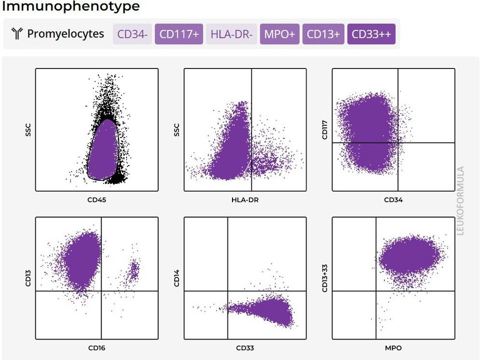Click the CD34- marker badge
pyautogui.click(x=132, y=34)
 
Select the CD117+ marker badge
pyautogui.click(x=179, y=34)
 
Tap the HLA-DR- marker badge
pyautogui.click(x=231, y=34)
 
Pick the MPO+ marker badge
pyautogui.click(x=279, y=34)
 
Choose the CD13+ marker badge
pyautogui.click(x=323, y=34)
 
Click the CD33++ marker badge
pyautogui.click(x=371, y=34)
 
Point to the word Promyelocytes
pyautogui.click(x=65, y=33)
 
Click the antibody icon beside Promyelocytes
pyautogui.click(x=17, y=33)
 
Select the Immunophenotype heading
pyautogui.click(x=70, y=6)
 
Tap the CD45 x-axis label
pyautogui.click(x=96, y=200)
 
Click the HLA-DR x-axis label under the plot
pyautogui.click(x=245, y=200)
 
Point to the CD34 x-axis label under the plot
pyautogui.click(x=393, y=200)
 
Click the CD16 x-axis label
pyautogui.click(x=96, y=348)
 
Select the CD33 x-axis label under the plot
pyautogui.click(x=245, y=348)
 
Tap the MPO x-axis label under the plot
pyautogui.click(x=393, y=348)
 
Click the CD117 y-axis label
pyautogui.click(x=325, y=130)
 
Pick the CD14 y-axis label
pyautogui.click(x=176, y=278)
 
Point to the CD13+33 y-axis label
pyautogui.click(x=325, y=278)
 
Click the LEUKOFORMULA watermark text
pyautogui.click(x=460, y=200)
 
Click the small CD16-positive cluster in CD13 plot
pyautogui.click(x=133, y=270)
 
